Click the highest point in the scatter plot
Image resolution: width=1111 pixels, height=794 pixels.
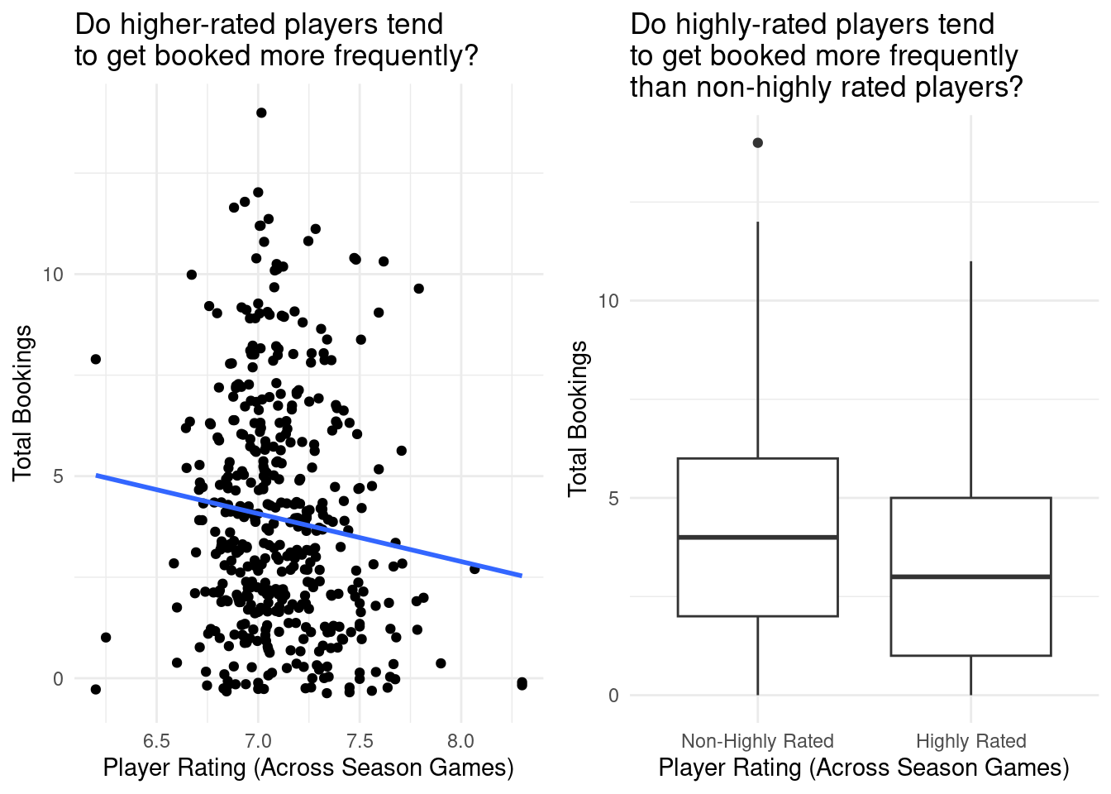[261, 112]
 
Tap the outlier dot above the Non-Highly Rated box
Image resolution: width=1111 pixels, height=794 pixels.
[757, 143]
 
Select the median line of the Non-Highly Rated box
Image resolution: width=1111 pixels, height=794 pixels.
[757, 538]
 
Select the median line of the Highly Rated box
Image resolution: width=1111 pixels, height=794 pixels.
[970, 576]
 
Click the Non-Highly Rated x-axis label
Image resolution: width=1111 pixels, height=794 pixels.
[757, 741]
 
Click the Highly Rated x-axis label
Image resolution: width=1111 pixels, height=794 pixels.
[970, 741]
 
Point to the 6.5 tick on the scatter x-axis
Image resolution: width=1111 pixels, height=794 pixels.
[156, 739]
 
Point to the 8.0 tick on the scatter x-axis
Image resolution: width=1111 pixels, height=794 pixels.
[460, 739]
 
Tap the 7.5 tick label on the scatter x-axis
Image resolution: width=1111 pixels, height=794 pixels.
[360, 739]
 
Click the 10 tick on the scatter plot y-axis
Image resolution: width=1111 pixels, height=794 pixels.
[53, 274]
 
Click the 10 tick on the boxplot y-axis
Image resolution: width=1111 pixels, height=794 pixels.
[608, 300]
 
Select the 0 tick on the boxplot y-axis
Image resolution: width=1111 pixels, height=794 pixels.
[613, 696]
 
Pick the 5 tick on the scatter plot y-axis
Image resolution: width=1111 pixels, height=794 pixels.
[58, 476]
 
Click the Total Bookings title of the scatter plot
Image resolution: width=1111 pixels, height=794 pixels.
[23, 403]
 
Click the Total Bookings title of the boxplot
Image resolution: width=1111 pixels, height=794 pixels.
[579, 419]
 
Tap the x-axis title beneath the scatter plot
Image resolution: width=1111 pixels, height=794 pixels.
[308, 768]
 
